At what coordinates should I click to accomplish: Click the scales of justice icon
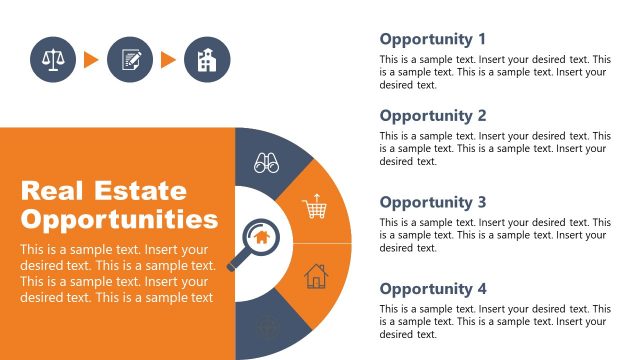click(53, 60)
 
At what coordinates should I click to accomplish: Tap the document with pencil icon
click(130, 60)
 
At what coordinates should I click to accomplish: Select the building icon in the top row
click(207, 60)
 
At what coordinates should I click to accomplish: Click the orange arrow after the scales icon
click(91, 60)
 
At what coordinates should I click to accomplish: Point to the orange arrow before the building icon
click(168, 60)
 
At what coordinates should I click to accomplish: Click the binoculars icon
click(266, 163)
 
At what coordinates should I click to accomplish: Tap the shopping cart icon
click(316, 207)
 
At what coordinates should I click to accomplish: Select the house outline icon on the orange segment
click(316, 275)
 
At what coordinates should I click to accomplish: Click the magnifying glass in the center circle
click(255, 242)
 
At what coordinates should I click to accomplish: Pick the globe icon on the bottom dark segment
click(266, 326)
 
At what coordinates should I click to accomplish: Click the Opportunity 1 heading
click(433, 39)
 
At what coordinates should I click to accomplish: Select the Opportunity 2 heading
click(433, 115)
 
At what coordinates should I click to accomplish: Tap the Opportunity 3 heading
click(433, 202)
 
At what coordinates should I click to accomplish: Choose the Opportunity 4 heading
click(433, 289)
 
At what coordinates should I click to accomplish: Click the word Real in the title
click(50, 190)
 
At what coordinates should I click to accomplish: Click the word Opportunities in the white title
click(119, 219)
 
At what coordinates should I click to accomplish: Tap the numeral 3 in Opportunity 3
click(481, 202)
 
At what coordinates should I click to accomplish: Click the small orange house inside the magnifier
click(261, 237)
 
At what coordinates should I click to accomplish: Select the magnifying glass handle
click(239, 262)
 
